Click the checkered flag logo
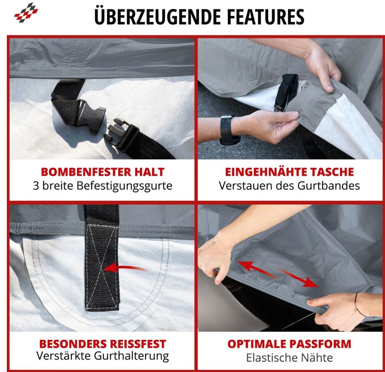pos(26,12)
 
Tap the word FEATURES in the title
pos(266,17)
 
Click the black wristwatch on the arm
pos(228,129)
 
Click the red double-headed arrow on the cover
pos(278,274)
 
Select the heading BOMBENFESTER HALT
pos(103,172)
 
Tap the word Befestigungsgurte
pos(124,186)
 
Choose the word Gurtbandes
pos(329,186)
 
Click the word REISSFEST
pos(138,344)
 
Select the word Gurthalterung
pos(131,356)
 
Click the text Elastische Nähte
pos(289,358)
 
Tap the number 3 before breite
pos(36,186)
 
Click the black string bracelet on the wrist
pos(359,305)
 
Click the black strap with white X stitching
pos(102,258)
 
